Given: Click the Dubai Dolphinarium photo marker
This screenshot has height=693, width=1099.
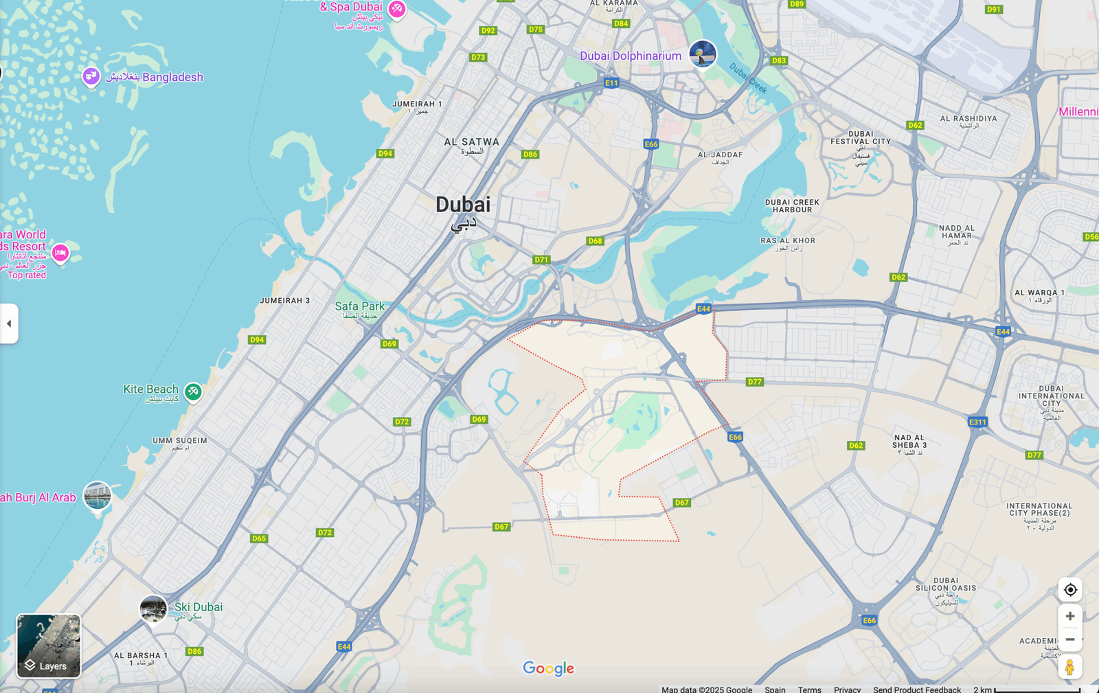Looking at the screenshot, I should pos(703,54).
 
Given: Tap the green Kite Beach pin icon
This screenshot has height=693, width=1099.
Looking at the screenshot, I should pos(193,391).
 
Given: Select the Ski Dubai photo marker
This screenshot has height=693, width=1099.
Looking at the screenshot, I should pos(153,609).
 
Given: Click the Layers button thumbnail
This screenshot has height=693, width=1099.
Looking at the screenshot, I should pos(49,646).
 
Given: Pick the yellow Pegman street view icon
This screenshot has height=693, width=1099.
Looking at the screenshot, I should pos(1069,667).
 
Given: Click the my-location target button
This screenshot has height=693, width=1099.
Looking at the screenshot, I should pos(1069,590).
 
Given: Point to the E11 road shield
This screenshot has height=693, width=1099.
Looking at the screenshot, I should pos(611,83).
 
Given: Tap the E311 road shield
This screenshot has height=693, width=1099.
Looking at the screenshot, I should pos(977,422).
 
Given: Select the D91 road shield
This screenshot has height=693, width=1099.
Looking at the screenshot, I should pos(993,10).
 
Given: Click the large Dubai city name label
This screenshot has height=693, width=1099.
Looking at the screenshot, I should pos(463,205).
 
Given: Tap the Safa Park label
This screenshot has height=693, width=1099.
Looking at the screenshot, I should pos(359,306).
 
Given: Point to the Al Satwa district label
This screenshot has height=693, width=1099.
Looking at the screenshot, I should pos(471,142).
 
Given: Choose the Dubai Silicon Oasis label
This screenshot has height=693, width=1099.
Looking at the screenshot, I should pos(946,584).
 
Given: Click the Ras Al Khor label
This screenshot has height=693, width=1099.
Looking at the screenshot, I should pos(788,241).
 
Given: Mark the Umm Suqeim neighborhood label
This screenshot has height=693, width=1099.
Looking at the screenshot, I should pos(179,441).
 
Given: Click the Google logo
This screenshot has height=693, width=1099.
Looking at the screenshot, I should pos(548,668).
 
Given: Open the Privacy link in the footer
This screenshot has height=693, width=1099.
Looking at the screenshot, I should pos(847,689).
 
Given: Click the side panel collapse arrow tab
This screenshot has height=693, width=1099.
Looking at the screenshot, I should pos(9,323).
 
